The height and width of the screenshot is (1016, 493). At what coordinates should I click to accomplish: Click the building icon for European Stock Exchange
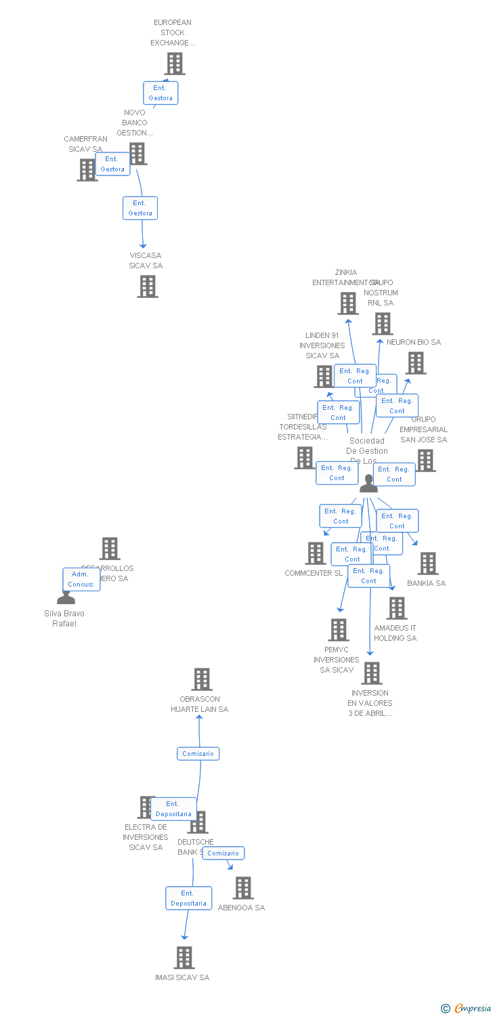(x=175, y=64)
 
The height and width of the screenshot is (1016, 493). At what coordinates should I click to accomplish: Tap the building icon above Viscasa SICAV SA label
(x=147, y=287)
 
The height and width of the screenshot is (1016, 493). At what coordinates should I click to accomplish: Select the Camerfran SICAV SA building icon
(x=87, y=170)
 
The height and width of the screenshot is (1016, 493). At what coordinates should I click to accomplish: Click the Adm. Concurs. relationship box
(x=81, y=579)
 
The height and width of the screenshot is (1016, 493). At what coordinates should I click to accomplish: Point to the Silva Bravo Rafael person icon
(x=66, y=597)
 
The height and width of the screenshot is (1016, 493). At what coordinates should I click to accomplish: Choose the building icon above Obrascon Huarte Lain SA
(x=202, y=679)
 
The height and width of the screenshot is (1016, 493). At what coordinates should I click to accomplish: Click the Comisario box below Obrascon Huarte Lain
(x=198, y=753)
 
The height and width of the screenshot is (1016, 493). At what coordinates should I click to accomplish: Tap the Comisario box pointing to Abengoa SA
(x=223, y=853)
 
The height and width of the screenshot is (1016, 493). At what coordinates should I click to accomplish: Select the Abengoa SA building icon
(x=242, y=888)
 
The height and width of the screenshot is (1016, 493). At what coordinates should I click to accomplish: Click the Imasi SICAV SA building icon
(x=184, y=958)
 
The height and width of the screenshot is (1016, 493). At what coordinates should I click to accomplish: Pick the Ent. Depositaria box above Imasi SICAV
(x=188, y=898)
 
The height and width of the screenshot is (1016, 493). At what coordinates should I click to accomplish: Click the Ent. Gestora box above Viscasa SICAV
(x=140, y=208)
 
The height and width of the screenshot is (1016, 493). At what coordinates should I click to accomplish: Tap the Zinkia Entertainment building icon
(x=348, y=303)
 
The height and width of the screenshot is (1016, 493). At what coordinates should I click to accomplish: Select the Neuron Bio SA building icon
(x=416, y=363)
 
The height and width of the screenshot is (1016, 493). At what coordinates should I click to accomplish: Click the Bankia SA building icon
(x=427, y=564)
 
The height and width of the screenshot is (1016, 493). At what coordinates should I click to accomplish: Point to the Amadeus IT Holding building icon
(x=397, y=608)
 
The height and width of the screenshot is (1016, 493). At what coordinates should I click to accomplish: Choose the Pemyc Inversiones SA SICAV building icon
(x=338, y=630)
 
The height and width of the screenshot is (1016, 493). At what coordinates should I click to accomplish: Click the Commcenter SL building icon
(x=316, y=553)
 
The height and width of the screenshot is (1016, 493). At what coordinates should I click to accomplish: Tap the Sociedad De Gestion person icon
(x=368, y=483)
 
